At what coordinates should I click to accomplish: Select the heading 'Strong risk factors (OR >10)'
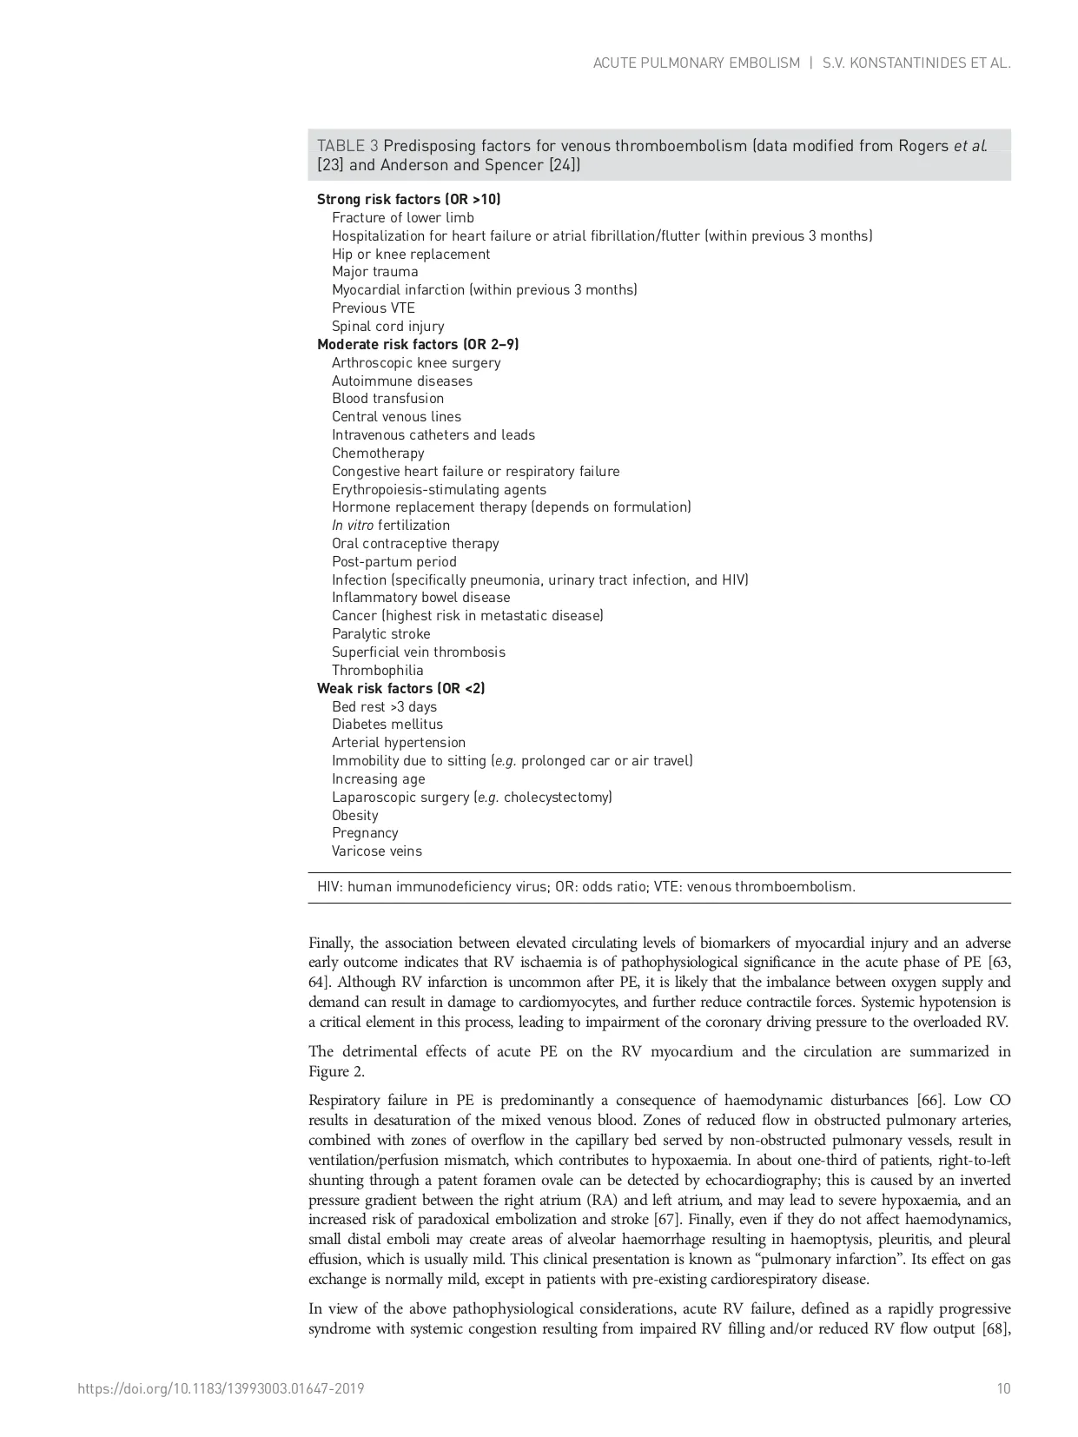(x=408, y=200)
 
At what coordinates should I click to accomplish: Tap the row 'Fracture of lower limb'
(x=403, y=218)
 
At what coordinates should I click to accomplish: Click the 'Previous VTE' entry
(x=374, y=308)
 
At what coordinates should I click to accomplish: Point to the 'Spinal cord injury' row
(x=387, y=327)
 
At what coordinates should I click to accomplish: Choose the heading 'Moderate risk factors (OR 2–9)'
(x=418, y=345)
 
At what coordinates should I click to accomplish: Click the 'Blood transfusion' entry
(x=387, y=399)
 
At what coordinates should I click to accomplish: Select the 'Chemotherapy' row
(x=378, y=454)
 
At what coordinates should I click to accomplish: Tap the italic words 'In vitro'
(x=353, y=526)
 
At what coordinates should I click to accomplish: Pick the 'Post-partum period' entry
(x=394, y=562)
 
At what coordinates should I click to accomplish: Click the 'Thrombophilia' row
(x=378, y=671)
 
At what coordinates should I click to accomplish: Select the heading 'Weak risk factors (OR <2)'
(x=400, y=689)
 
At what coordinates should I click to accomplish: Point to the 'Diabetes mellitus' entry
(x=387, y=725)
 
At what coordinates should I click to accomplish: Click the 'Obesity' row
(x=355, y=816)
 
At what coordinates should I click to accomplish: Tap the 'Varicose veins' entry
(x=377, y=851)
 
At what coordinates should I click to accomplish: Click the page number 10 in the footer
(x=1003, y=1389)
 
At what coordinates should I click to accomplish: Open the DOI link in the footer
(x=221, y=1389)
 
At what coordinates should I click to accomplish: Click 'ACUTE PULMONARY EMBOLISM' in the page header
(x=696, y=63)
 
